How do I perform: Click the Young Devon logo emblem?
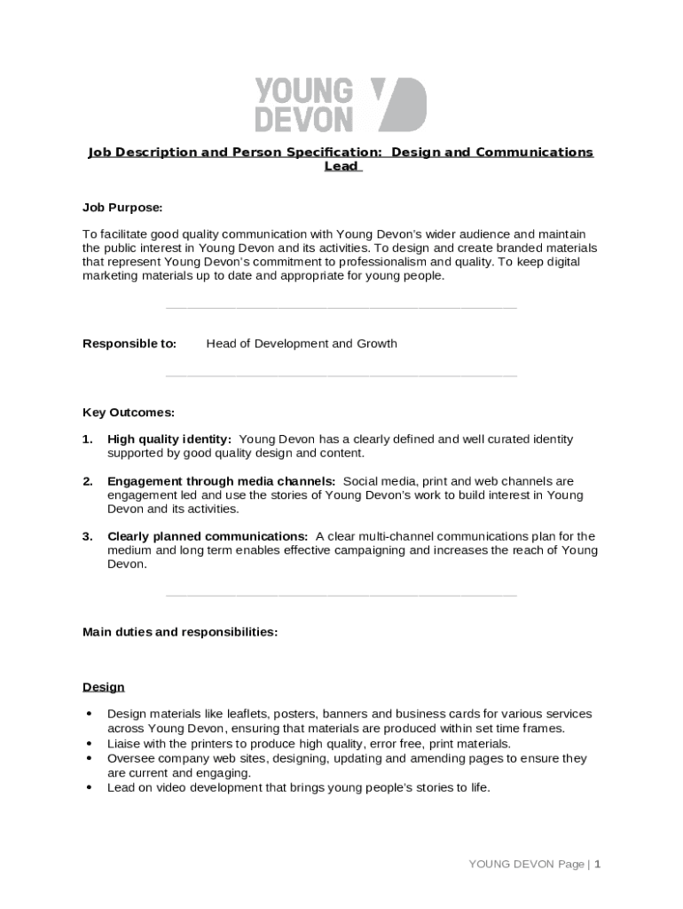[398, 104]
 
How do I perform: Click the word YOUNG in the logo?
[303, 91]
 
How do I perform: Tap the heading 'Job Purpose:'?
[122, 208]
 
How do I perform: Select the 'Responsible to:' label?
[130, 344]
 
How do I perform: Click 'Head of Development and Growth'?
[302, 344]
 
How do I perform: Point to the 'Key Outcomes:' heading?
[129, 412]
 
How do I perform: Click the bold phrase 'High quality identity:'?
[169, 439]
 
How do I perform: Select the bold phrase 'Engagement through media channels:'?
[221, 481]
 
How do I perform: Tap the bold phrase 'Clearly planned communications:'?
[208, 536]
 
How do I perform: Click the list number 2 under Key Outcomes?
[87, 481]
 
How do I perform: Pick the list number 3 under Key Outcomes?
[87, 536]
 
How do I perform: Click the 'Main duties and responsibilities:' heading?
[180, 632]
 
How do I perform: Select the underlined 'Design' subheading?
[104, 687]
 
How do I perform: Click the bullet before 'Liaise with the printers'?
[89, 744]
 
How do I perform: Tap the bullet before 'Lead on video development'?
[89, 787]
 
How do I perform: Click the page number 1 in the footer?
[598, 864]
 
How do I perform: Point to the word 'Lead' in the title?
[341, 166]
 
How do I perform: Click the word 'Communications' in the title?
[534, 152]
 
